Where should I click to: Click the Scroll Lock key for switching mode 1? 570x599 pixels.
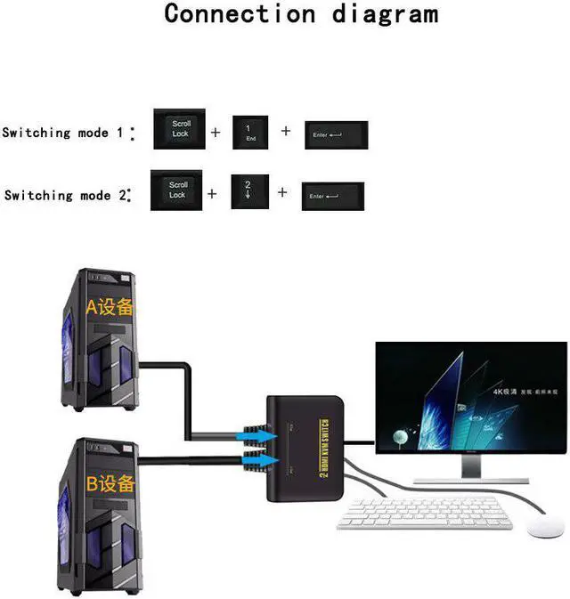coord(180,129)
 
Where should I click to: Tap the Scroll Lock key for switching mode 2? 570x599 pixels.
coord(177,190)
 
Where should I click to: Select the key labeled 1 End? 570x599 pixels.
coord(250,134)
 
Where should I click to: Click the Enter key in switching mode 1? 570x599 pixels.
coord(336,134)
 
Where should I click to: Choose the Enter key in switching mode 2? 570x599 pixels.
coord(332,195)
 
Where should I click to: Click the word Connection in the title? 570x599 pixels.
coord(240,14)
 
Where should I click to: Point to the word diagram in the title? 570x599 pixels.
coord(385,14)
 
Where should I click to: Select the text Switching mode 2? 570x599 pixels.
coord(63,195)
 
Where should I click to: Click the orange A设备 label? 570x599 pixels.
coord(109,307)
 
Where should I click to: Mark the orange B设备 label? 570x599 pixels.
coord(110,484)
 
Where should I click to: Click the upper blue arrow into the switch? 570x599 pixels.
coord(251,433)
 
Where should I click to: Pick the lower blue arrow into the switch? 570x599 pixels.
coord(251,459)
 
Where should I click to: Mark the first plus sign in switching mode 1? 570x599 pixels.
coord(216,133)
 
